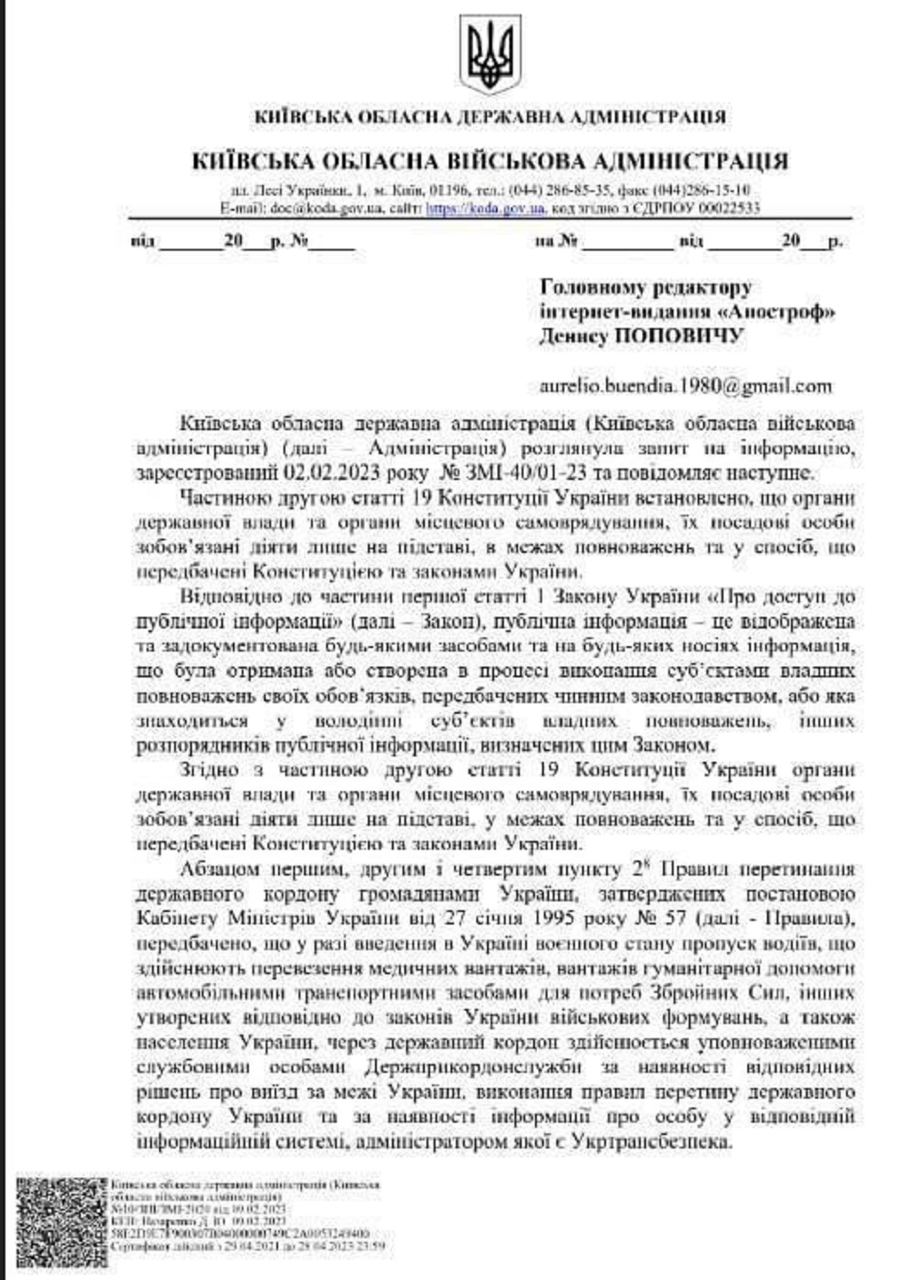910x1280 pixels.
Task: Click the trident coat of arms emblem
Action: point(491,54)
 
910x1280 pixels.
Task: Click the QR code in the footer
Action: point(61,1215)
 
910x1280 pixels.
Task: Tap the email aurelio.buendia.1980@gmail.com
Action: point(686,386)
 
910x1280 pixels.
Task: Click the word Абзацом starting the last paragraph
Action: point(216,868)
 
